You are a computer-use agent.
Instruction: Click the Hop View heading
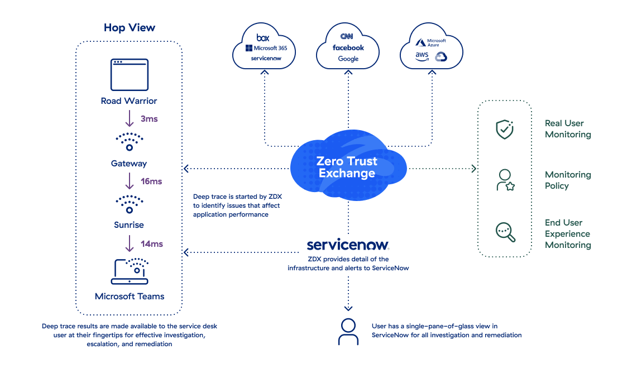point(130,28)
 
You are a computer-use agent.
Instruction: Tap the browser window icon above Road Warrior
point(129,74)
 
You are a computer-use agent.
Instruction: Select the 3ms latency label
point(149,119)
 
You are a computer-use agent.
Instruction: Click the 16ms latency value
point(151,181)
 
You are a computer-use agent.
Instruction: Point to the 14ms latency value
point(151,244)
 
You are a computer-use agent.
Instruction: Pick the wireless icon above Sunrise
point(129,204)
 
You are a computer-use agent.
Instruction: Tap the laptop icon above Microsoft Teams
point(130,271)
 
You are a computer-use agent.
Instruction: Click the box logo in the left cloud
point(262,37)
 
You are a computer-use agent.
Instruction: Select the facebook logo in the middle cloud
point(348,48)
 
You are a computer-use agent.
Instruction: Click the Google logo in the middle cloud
point(348,59)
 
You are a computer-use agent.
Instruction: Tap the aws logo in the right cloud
point(422,56)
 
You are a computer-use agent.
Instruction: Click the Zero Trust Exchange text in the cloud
point(347,167)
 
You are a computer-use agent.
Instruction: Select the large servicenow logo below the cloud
point(348,245)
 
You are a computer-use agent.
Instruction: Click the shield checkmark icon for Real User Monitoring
point(505,129)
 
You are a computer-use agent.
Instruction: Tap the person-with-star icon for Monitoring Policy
point(505,180)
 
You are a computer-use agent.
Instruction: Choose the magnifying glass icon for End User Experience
point(505,232)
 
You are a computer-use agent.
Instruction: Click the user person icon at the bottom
point(348,332)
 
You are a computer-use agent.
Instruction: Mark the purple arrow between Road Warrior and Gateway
point(130,118)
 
